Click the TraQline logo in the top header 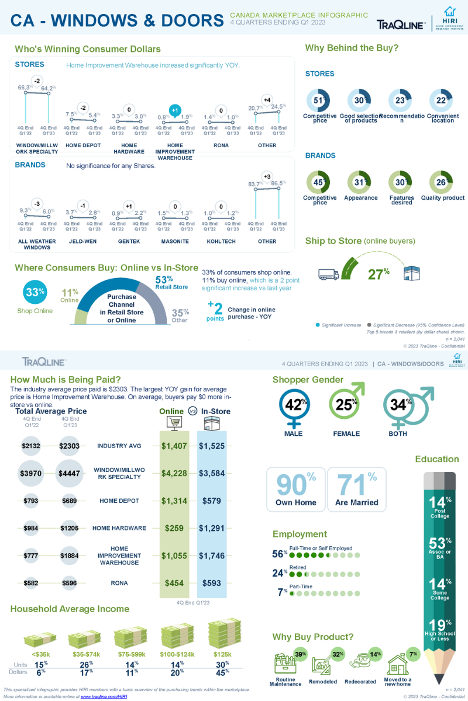401,24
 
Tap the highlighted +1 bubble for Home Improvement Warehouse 174,110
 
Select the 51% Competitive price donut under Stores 319,100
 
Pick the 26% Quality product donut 442,183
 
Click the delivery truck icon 329,273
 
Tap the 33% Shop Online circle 35,293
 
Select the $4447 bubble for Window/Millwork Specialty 71,473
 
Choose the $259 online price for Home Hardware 174,528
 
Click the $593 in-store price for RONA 211,582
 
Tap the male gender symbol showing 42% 293,404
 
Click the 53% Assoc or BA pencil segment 440,547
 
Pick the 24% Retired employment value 280,574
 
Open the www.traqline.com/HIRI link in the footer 104,696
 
